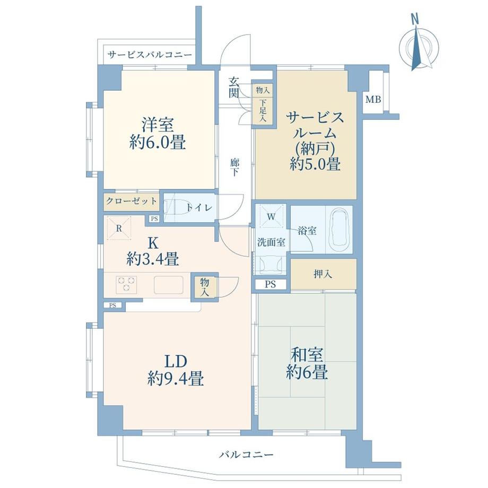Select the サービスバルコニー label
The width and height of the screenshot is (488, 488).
(x=147, y=55)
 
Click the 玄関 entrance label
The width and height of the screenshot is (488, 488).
(x=234, y=87)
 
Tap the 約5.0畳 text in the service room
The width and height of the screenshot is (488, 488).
(x=315, y=165)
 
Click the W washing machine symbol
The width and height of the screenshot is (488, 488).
(x=271, y=217)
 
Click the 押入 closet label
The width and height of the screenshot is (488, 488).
(x=323, y=274)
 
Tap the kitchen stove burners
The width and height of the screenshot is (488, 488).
(x=127, y=284)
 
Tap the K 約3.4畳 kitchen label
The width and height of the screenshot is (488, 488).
(x=152, y=251)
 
